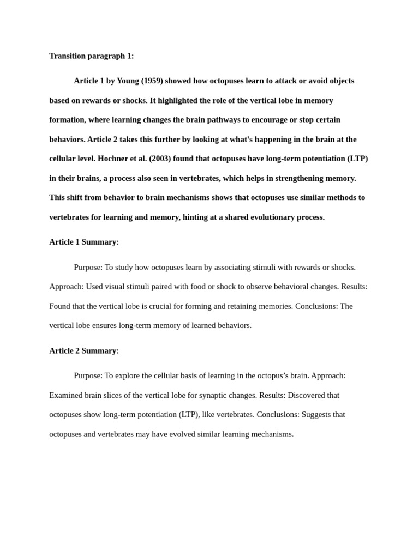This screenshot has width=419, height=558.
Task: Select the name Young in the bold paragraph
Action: [128, 81]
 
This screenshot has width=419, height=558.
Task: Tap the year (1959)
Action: [152, 81]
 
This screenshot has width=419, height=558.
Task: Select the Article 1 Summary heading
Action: [84, 242]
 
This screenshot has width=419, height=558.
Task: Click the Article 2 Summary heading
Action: [84, 351]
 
